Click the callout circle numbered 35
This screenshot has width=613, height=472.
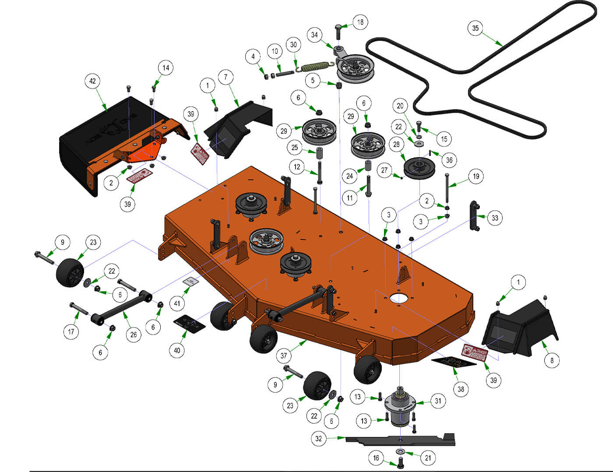[476, 28]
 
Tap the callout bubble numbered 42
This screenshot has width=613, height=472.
[92, 81]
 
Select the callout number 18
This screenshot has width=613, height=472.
[360, 22]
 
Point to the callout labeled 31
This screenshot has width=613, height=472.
[438, 401]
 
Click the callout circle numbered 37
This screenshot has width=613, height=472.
[284, 356]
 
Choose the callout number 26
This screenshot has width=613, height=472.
[134, 335]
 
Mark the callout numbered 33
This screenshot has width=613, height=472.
[495, 218]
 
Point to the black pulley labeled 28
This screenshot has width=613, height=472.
[419, 168]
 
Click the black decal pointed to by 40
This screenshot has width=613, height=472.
[189, 324]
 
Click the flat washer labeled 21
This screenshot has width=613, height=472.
[400, 451]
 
